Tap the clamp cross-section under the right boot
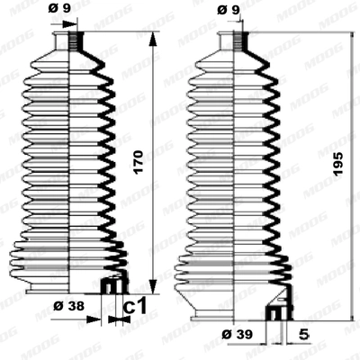coord(275,315)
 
